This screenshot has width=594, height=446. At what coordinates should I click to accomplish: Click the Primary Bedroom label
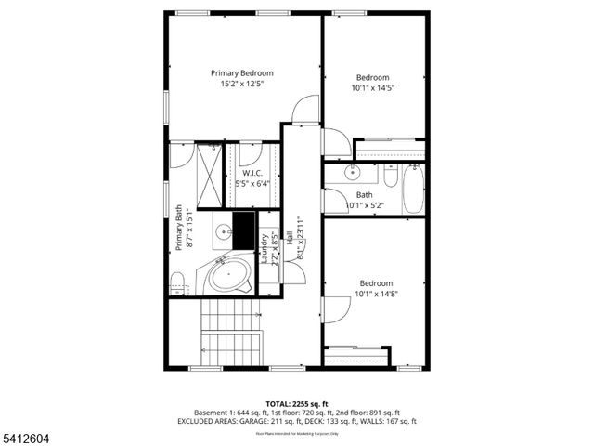click(x=242, y=72)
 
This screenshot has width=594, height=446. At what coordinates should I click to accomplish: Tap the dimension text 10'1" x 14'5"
click(x=372, y=88)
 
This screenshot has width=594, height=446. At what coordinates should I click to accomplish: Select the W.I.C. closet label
click(x=252, y=174)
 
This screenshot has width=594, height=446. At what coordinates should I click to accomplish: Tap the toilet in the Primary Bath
click(x=177, y=280)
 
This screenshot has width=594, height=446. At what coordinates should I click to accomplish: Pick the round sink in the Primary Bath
click(x=223, y=232)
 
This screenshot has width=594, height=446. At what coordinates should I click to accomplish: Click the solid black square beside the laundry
click(x=244, y=228)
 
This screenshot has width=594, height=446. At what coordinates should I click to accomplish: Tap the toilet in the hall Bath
click(x=390, y=177)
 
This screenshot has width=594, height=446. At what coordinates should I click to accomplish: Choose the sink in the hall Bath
click(x=353, y=173)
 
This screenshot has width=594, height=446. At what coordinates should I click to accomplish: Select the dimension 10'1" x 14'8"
click(x=376, y=295)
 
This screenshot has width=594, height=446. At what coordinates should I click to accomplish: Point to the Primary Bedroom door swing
click(x=303, y=111)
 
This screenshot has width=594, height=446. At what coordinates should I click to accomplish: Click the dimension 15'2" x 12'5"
click(x=242, y=84)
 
